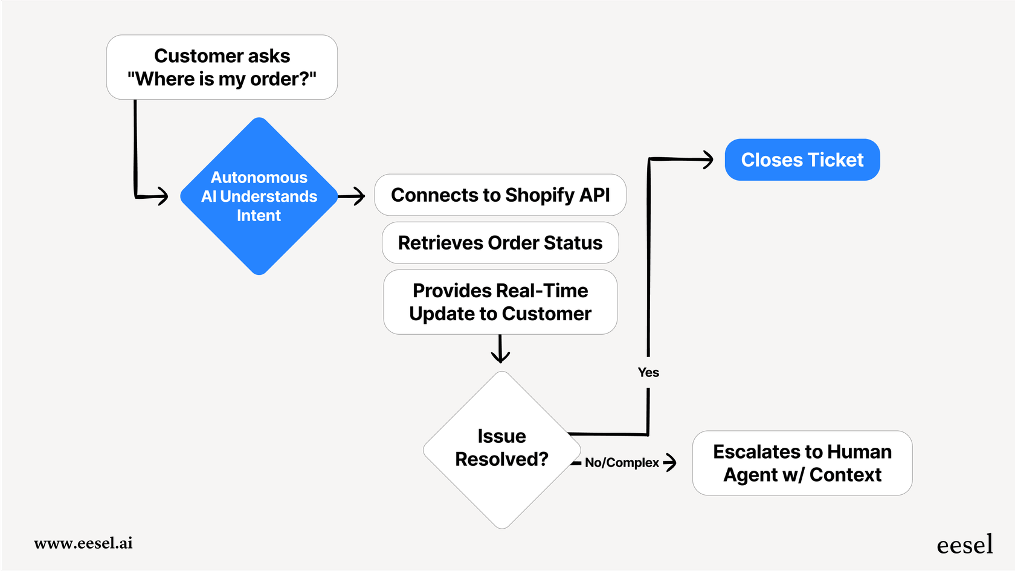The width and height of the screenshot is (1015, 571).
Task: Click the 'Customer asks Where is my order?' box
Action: coord(222,67)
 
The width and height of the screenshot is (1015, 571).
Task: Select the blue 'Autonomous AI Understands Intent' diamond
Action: coord(259,196)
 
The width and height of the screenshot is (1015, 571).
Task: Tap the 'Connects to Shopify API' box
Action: coord(500,195)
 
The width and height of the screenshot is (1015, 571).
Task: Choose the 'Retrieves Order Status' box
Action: coord(500,243)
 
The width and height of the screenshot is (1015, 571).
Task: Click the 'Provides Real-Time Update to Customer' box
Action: coord(500,302)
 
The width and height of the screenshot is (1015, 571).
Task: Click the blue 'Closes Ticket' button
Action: coord(802,160)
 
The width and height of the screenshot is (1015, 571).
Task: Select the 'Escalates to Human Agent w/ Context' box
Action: coord(802,463)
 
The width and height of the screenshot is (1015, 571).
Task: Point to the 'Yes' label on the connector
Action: coord(648,373)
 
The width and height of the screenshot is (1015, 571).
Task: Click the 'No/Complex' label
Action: coord(622,463)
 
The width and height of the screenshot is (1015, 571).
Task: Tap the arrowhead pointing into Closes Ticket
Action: coord(707,160)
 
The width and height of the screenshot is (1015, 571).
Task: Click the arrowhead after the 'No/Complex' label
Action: coord(670,463)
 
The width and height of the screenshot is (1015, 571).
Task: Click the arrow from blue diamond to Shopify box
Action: coord(352,196)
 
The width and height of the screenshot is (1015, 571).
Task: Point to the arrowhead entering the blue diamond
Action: coord(161,196)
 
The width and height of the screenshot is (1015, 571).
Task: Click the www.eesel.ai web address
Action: coord(83,543)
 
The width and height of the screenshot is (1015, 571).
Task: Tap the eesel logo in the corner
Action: coord(964,545)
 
